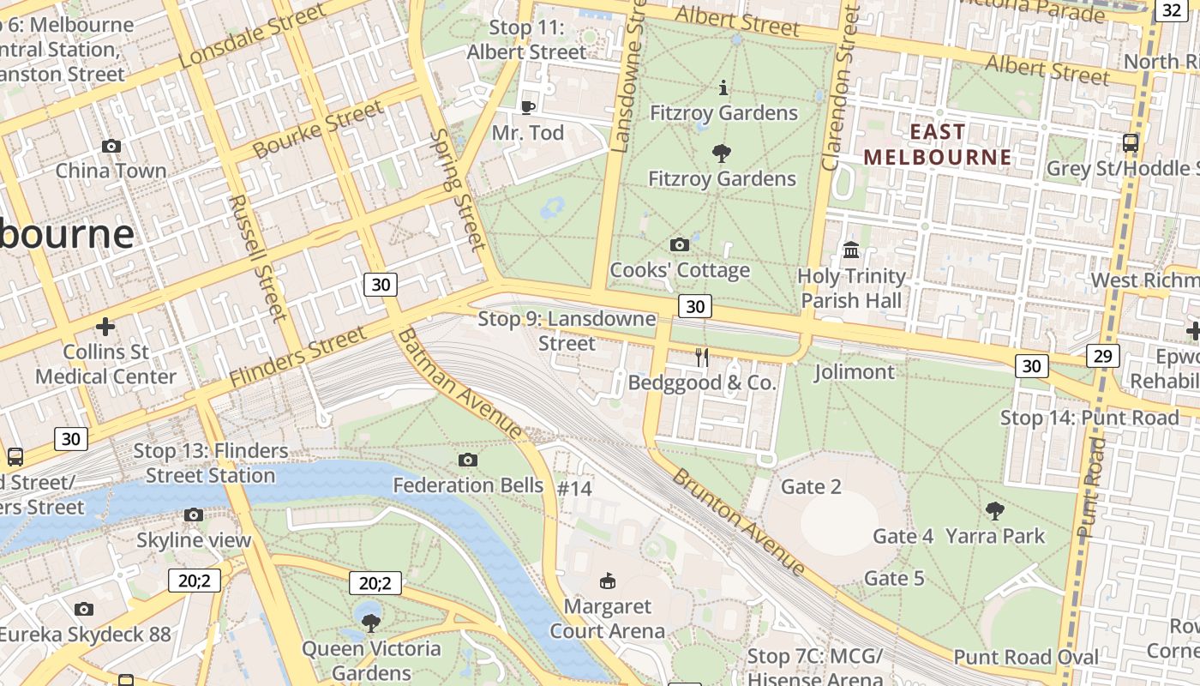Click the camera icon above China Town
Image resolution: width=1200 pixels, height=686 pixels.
click(x=111, y=147)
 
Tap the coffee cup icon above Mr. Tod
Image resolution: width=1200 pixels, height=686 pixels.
click(x=528, y=107)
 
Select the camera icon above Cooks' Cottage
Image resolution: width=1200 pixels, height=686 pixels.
click(x=679, y=245)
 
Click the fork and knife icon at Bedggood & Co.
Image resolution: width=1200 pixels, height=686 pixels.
click(x=702, y=358)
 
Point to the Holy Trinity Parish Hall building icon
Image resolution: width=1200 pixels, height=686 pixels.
click(x=851, y=250)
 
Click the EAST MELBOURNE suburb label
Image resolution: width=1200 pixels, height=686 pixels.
click(x=937, y=144)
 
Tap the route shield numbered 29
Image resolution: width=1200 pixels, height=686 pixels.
click(x=1102, y=355)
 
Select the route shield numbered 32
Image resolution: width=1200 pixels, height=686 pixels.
click(x=1172, y=10)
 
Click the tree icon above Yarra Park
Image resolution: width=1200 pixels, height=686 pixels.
click(x=994, y=512)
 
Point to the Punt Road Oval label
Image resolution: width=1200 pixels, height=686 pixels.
click(x=1026, y=658)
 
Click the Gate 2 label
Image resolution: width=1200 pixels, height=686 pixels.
click(x=811, y=487)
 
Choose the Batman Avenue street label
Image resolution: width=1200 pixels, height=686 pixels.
click(x=459, y=382)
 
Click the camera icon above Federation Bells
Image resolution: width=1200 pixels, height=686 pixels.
click(x=467, y=460)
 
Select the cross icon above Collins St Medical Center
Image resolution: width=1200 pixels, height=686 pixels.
click(x=105, y=327)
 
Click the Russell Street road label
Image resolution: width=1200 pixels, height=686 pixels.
click(x=256, y=257)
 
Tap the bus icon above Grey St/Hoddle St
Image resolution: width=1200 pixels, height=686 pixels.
click(x=1131, y=143)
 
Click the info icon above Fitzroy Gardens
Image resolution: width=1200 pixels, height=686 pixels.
click(x=723, y=87)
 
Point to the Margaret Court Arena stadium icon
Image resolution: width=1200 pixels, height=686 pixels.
click(x=607, y=581)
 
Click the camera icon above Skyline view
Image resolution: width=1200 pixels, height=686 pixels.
click(x=194, y=515)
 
